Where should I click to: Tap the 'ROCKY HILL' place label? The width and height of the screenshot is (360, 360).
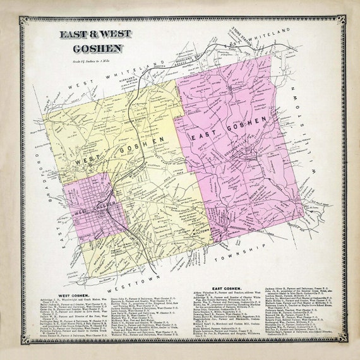coord(253,189)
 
